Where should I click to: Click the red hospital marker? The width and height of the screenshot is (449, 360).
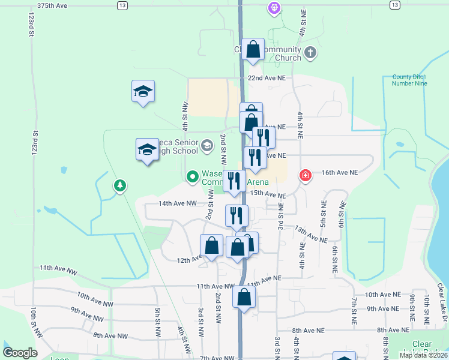click(306, 175)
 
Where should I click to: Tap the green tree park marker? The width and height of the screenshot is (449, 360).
click(120, 186)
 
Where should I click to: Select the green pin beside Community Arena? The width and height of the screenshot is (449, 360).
click(192, 176)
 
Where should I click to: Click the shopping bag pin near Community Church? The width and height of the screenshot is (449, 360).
click(253, 49)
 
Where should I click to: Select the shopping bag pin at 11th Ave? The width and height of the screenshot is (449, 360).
click(244, 297)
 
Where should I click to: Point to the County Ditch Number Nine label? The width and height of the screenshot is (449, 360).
click(410, 80)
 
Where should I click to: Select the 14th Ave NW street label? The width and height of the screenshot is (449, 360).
click(178, 203)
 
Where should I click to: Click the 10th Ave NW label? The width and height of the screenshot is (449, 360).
click(95, 296)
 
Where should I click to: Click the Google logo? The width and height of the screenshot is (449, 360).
click(20, 353)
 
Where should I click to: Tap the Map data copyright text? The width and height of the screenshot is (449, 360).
click(423, 355)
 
